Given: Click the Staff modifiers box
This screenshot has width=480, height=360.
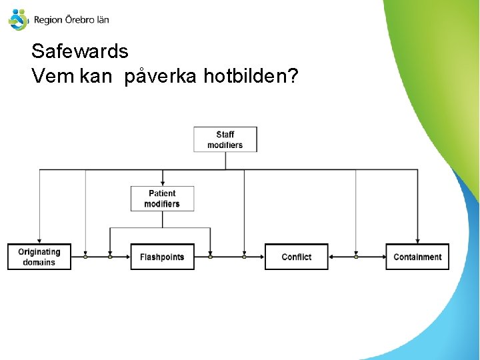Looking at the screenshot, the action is pos(225,139).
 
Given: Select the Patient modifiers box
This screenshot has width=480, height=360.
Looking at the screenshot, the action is pos(162,199).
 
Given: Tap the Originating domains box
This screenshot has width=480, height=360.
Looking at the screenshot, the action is pos(39,257).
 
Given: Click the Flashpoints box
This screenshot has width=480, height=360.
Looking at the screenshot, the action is pos(162,257).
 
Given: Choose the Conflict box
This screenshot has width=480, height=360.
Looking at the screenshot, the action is pos(297,257).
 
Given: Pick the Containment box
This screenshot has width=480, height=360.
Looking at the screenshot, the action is pos(417,257).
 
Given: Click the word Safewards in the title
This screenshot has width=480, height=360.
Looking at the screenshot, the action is pos(80,51).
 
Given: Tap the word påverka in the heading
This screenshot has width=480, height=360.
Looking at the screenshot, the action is pos(160,77).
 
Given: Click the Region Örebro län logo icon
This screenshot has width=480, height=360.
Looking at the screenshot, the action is pos(18,19).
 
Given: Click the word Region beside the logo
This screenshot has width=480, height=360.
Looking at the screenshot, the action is pos(47,21).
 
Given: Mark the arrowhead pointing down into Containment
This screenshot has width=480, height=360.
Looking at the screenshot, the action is pos(417,241).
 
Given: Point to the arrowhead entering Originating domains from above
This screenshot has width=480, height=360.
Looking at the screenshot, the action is pos(39,241).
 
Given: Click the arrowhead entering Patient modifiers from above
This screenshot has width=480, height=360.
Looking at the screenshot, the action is pos(162,183).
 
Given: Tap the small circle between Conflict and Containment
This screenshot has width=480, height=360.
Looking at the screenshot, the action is pos(356,257).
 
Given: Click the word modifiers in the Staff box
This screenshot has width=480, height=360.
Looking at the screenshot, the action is pos(225,145).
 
